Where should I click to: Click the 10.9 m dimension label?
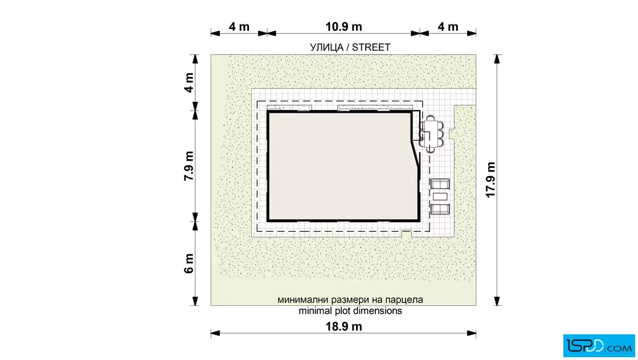[343, 27]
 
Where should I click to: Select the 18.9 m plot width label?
[343, 326]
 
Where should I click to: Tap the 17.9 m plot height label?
[490, 179]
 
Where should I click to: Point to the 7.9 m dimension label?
[189, 166]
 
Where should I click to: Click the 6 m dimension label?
[189, 263]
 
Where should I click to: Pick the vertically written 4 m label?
[189, 83]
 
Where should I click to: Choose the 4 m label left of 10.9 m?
[239, 27]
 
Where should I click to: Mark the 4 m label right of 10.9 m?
[448, 27]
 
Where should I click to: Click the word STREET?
[371, 48]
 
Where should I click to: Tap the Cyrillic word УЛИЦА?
[327, 48]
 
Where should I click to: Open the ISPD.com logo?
[599, 345]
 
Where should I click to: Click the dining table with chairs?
[431, 134]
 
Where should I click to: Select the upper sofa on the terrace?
[440, 184]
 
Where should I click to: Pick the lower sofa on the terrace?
[440, 209]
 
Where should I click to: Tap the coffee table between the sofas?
[440, 197]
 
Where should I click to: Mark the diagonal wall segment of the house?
[415, 153]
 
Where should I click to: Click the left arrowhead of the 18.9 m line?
[215, 333]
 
